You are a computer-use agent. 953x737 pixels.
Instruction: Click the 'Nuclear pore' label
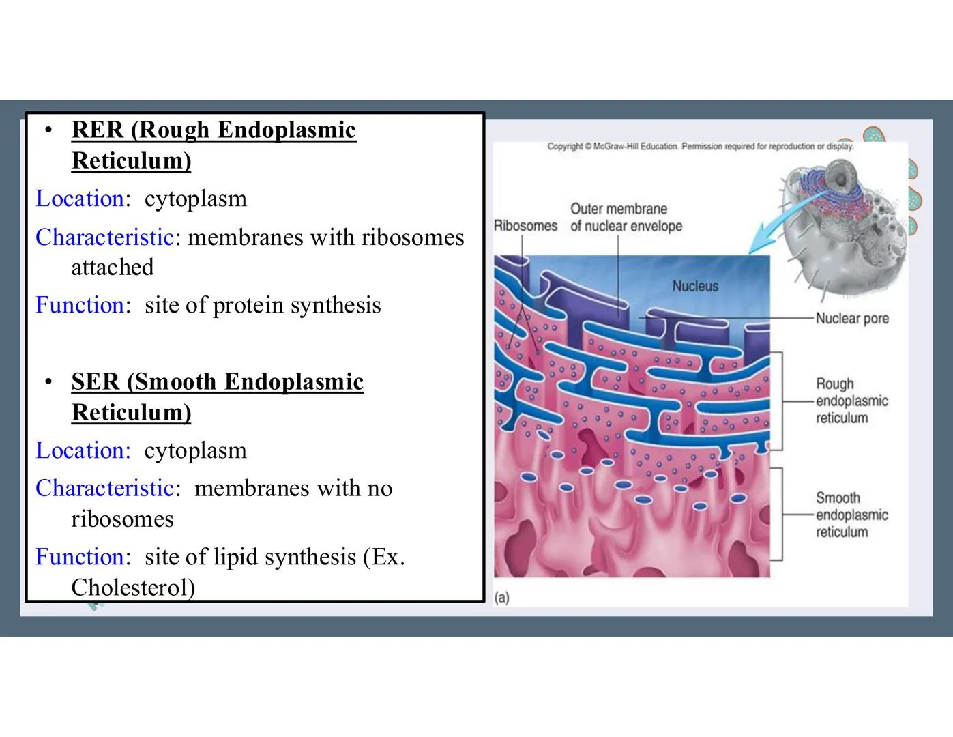pos(852,319)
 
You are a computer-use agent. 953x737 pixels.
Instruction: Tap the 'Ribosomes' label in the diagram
pos(525,226)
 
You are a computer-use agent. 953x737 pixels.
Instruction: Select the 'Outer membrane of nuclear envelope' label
pos(626,217)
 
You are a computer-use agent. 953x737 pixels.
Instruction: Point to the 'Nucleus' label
pos(695,286)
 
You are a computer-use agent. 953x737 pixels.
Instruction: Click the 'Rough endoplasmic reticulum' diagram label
pos(851,401)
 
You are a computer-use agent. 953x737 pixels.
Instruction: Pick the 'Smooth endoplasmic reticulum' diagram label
pos(851,515)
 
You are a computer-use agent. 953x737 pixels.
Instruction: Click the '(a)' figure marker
pos(502,598)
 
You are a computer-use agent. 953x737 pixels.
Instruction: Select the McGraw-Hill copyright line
pos(700,146)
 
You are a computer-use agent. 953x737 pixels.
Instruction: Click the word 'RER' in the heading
pos(97,130)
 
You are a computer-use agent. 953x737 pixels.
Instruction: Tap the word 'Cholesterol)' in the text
pos(133,588)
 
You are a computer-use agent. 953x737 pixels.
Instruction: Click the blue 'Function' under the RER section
pos(79,305)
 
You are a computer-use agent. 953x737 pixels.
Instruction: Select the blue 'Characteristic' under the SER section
pos(104,489)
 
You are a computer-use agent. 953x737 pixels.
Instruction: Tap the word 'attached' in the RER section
pos(113,268)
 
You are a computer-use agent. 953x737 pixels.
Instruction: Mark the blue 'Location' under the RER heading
pos(79,199)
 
